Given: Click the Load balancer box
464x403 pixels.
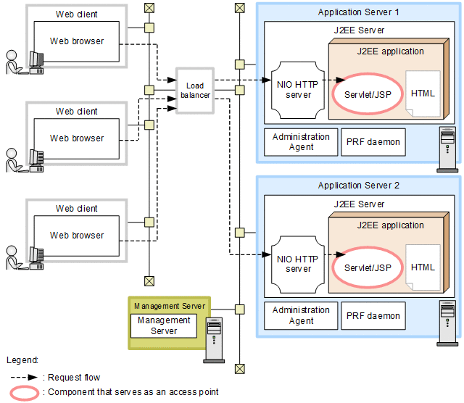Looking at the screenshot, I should click(x=194, y=91).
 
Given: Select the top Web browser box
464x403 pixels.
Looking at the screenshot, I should click(x=77, y=42).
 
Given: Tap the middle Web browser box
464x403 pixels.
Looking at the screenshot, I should click(x=77, y=138).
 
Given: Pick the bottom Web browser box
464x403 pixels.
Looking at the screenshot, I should click(x=77, y=236).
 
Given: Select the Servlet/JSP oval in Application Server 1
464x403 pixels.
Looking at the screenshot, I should click(x=366, y=94).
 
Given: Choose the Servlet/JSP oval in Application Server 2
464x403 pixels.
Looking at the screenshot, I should click(x=366, y=267).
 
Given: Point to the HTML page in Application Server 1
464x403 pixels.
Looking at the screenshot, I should click(x=423, y=94).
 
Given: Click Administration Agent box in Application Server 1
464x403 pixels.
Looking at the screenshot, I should click(x=301, y=142).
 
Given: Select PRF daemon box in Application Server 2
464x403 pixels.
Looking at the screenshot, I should click(x=373, y=316).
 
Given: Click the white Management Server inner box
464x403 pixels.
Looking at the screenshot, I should click(x=164, y=325).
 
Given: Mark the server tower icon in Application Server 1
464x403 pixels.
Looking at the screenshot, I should click(x=447, y=149).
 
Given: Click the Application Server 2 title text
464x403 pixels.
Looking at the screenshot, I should click(x=358, y=186).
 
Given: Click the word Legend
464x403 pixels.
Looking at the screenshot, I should click(x=22, y=360).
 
